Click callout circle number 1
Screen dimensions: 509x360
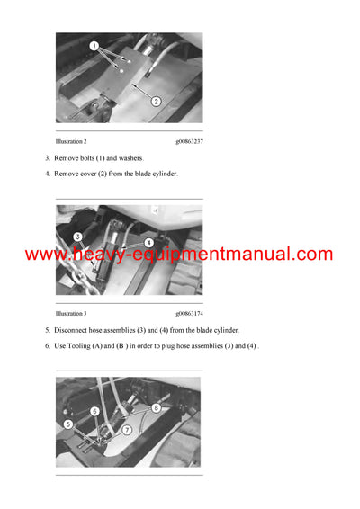94,46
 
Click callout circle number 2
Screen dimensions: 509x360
156,101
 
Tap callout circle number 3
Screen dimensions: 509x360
78,237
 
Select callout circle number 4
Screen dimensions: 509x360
148,242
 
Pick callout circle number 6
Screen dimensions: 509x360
94,411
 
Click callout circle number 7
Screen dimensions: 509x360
127,430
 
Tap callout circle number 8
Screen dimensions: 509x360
158,406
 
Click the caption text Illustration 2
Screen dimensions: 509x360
71,141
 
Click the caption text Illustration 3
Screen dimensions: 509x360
71,313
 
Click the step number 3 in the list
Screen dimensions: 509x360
48,158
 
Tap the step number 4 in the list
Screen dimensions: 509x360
48,174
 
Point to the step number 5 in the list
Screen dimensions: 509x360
48,330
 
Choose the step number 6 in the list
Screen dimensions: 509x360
48,345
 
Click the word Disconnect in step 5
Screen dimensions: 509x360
75,330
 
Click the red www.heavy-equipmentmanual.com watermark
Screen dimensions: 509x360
179,254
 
